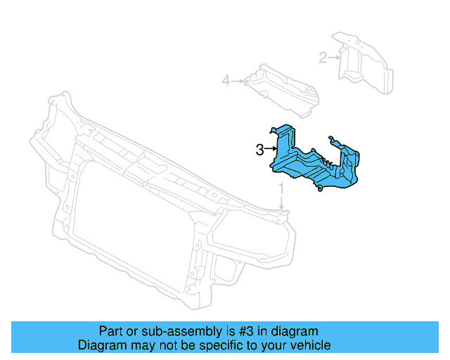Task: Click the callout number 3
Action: point(259,149)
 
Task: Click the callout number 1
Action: point(281,189)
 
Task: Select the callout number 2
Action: point(323,58)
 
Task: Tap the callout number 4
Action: point(226,82)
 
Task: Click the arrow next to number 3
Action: point(270,149)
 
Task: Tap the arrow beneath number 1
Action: point(281,203)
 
